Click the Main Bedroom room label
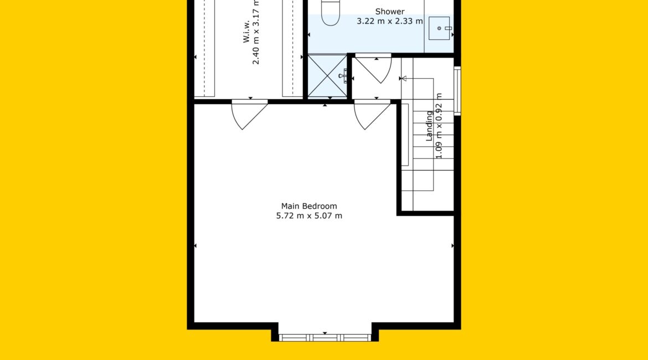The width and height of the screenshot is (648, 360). point(308,206)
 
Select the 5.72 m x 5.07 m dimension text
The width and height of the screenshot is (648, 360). point(309,215)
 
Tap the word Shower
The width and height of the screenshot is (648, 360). point(390,12)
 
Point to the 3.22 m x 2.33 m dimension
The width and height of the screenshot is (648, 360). point(390,21)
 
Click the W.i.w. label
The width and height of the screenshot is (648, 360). point(246,32)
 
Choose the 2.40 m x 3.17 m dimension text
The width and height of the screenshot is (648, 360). point(256,32)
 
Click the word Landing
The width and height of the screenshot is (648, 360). point(429,126)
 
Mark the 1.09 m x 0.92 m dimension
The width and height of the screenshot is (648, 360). point(439,126)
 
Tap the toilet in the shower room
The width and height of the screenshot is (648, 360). point(331,12)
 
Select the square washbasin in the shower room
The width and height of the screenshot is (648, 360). point(440,28)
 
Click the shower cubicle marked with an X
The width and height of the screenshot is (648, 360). point(327,76)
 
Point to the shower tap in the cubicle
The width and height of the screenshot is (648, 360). point(343,76)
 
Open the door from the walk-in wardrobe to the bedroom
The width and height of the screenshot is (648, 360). point(250,115)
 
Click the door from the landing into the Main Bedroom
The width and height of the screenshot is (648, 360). point(372,115)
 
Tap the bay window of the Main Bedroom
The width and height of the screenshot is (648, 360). point(325,338)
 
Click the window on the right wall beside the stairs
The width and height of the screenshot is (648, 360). point(457,90)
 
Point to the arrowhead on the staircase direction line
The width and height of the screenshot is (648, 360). point(403,79)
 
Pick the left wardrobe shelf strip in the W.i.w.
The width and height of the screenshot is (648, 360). point(204,48)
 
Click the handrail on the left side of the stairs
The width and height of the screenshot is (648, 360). point(405,135)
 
